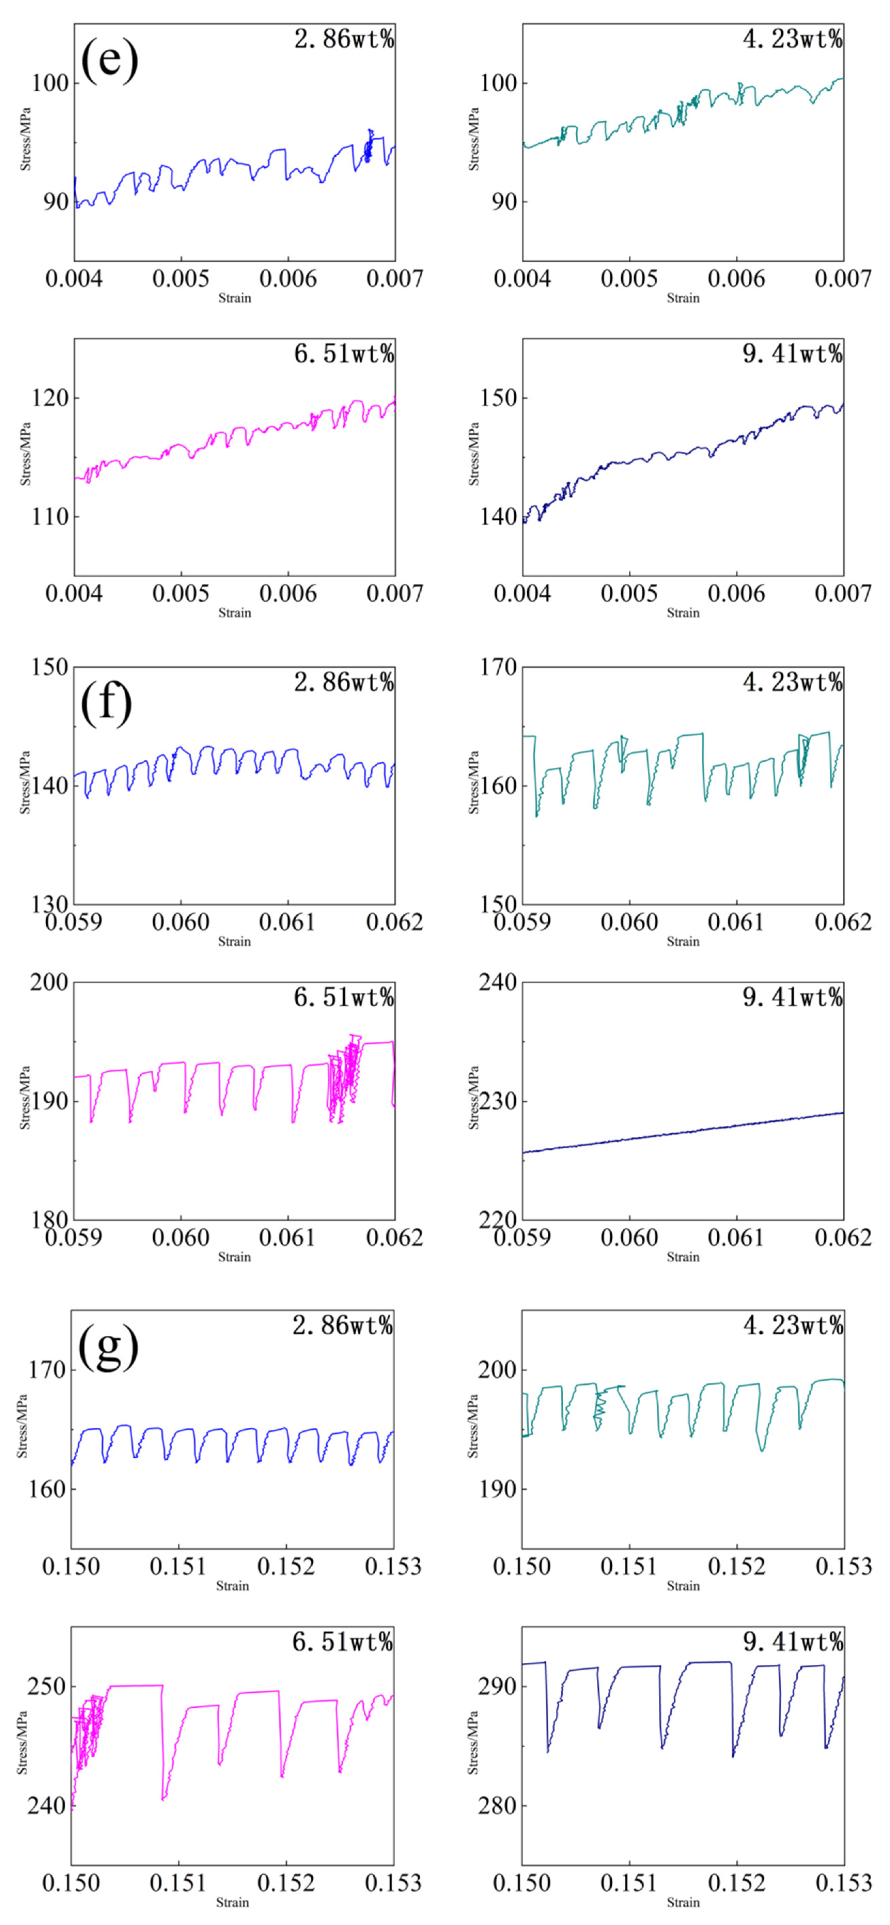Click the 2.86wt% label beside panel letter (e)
click(x=344, y=39)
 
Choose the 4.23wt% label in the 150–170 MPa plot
click(x=792, y=682)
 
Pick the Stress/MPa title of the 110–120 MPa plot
click(x=26, y=454)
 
